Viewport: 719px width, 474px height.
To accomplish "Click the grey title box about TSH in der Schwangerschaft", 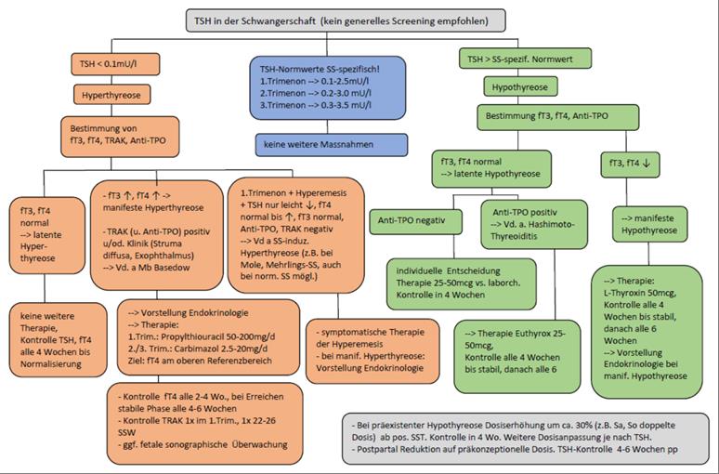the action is pyautogui.click(x=346, y=20).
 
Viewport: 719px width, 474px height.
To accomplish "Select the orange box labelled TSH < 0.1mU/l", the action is pyautogui.click(x=115, y=64).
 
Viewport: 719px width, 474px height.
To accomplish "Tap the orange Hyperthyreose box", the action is pyautogui.click(x=111, y=95).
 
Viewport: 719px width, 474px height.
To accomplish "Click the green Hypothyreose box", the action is pyautogui.click(x=520, y=86).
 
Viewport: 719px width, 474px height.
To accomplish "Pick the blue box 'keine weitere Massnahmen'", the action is pyautogui.click(x=331, y=145).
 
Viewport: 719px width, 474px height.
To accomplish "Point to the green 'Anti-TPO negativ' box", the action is pyautogui.click(x=415, y=221).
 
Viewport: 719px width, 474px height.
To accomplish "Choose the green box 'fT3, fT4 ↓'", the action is pyautogui.click(x=630, y=164).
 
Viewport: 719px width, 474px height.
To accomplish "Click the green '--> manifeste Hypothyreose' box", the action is pyautogui.click(x=649, y=224).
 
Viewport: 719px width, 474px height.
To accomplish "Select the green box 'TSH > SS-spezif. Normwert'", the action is pyautogui.click(x=525, y=59).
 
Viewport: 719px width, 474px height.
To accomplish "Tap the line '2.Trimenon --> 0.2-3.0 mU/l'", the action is pyautogui.click(x=316, y=93).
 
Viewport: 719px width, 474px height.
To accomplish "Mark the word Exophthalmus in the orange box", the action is pyautogui.click(x=166, y=256).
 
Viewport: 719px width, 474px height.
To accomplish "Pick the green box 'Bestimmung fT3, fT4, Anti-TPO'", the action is pyautogui.click(x=557, y=116).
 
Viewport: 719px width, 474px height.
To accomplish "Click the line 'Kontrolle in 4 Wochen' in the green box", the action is pyautogui.click(x=440, y=295).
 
